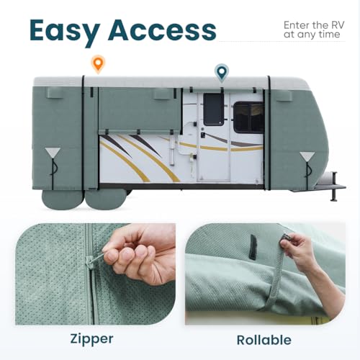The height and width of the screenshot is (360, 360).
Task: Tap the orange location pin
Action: click(98, 63)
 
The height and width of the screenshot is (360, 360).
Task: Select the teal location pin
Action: click(222, 72)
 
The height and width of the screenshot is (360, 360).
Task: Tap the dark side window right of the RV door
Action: click(248, 117)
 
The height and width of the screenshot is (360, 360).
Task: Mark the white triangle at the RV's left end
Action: click(53, 155)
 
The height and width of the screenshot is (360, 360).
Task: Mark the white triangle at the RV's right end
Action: click(307, 157)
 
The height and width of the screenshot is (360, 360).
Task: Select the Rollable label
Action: click(269, 339)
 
